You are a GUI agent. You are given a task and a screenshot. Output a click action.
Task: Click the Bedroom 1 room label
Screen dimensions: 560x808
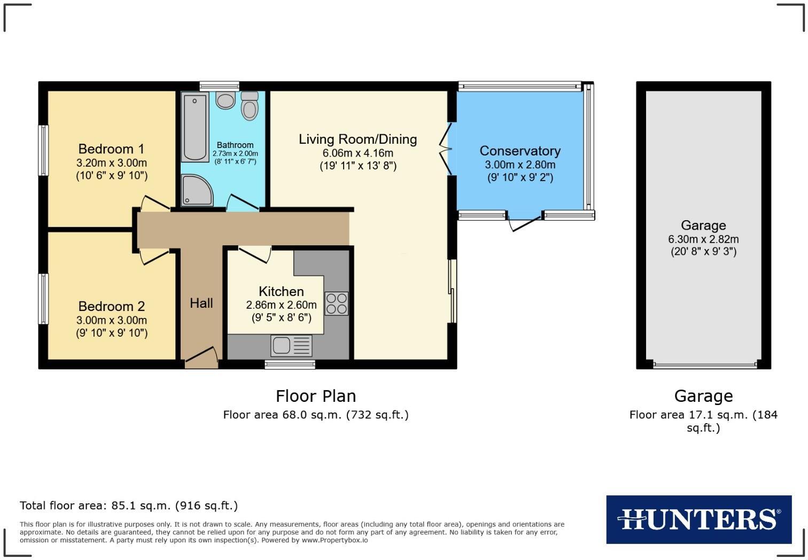point(111,149)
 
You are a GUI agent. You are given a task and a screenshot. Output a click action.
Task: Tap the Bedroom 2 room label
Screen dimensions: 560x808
point(111,306)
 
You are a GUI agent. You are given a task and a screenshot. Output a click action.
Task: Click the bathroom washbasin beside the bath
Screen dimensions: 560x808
point(226,99)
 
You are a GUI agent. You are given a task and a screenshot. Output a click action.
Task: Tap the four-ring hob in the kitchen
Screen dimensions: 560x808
point(337,303)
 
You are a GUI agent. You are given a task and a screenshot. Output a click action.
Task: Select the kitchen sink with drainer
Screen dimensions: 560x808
point(291,346)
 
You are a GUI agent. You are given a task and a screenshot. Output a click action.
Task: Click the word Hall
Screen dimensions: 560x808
point(201,303)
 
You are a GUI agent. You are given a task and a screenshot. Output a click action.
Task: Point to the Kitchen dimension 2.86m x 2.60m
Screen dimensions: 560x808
point(281,305)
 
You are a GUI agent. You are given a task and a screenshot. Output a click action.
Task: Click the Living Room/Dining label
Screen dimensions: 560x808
point(358,139)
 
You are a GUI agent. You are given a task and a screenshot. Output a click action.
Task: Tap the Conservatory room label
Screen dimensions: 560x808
point(519,151)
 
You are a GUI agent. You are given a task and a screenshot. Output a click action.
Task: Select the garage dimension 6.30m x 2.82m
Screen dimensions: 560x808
point(703,239)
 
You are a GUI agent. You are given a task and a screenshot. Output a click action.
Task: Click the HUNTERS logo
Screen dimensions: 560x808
point(698,519)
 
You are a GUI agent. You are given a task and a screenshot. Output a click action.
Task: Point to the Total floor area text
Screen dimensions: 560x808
point(129,505)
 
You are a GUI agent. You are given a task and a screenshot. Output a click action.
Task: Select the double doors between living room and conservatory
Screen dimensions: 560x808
point(446,149)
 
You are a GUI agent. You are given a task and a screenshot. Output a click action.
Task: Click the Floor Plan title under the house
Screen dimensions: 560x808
point(315,396)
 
